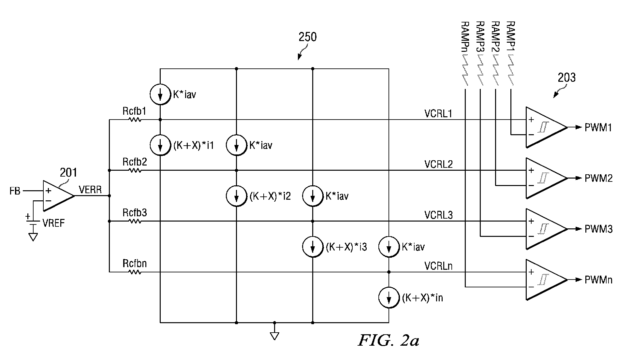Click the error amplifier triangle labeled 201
[58, 195]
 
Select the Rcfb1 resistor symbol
[135, 120]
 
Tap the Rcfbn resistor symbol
[135, 272]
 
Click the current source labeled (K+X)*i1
[160, 145]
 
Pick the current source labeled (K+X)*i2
[237, 196]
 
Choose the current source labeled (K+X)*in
[389, 297]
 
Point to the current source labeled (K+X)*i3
[313, 247]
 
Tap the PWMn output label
[598, 280]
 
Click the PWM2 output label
[598, 178]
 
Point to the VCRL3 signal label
[438, 215]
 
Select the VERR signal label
[90, 190]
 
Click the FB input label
[15, 191]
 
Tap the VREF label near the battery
[54, 223]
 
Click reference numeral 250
[308, 37]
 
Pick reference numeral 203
[566, 78]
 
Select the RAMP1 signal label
[511, 35]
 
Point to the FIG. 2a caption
[389, 340]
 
